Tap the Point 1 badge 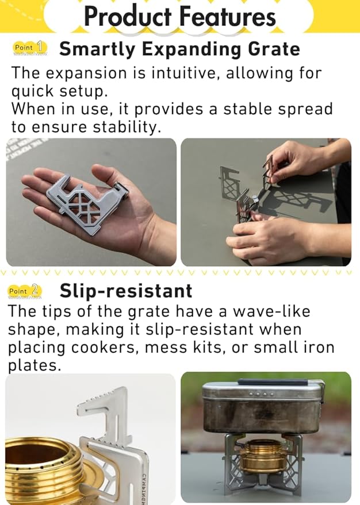pyautogui.click(x=30, y=47)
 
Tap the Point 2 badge pyautogui.click(x=25, y=291)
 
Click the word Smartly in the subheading pyautogui.click(x=98, y=50)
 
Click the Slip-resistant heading pyautogui.click(x=126, y=291)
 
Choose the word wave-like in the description pyautogui.click(x=271, y=311)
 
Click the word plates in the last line pyautogui.click(x=34, y=366)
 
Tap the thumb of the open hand pyautogui.click(x=107, y=176)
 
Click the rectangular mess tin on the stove pyautogui.click(x=262, y=406)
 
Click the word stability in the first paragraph pyautogui.click(x=127, y=127)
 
